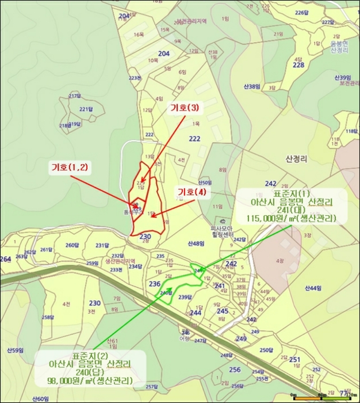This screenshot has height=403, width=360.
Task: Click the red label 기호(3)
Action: pos(185,108)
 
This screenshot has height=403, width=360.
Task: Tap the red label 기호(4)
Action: pos(192,192)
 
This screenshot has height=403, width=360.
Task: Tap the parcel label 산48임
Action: pos(196,244)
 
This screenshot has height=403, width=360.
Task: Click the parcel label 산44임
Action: pos(313,288)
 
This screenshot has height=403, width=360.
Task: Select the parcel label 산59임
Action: pos(15,350)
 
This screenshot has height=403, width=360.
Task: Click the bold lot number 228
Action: pos(298,65)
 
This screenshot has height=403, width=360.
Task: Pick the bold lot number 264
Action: pos(5,260)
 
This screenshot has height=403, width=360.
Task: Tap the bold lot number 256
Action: pos(235,370)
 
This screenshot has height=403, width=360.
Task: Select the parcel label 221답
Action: pos(86,109)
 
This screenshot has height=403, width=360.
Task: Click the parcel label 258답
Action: pos(48,317)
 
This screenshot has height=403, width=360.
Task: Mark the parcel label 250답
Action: pos(266,349)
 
